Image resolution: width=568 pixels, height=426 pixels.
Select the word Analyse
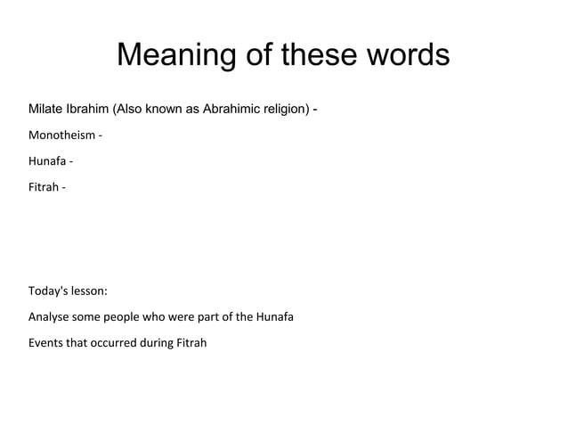click(x=50, y=316)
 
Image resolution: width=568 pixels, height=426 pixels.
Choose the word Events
click(x=46, y=342)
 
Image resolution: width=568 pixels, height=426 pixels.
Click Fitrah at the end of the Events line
click(x=190, y=342)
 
